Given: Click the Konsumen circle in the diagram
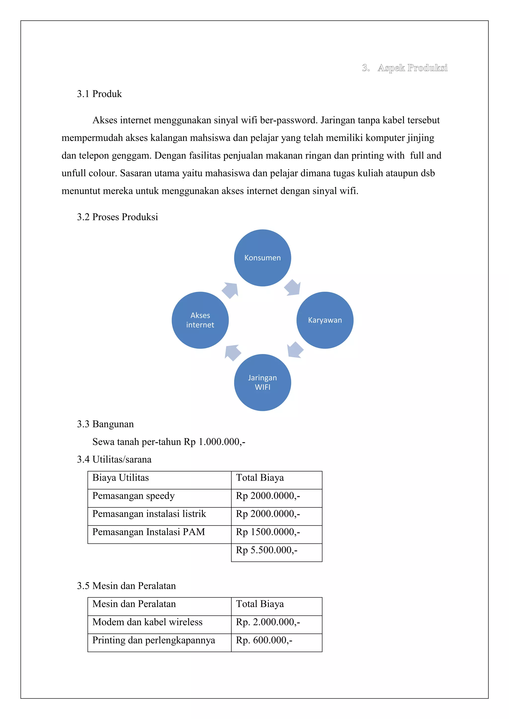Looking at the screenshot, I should pos(262,258).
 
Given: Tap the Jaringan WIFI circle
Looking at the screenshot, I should pos(262,382).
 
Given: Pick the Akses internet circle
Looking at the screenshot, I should pos(200,320).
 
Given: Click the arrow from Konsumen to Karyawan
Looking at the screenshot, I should pos(293,288).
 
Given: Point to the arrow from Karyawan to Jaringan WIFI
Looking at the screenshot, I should pos(295,350).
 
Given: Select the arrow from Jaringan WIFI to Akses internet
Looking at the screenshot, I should pos(233,352).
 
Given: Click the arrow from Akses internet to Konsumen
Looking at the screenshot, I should pos(230,290).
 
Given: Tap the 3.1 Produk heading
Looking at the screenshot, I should pos(99,94).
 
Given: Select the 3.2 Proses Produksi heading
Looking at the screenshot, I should pos(117,217).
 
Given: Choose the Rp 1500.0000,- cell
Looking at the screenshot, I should pos(268,532).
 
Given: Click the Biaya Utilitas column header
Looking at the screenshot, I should pos(121,478).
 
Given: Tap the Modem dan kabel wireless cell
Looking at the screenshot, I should pos(147,622).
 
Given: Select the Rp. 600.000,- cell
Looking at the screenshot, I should pos(264,640).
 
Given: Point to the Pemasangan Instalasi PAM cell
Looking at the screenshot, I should pos(149,532).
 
